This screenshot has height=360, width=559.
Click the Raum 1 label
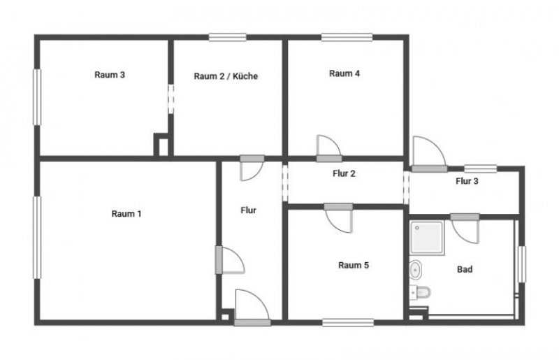click(x=126, y=214)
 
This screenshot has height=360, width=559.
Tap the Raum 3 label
click(x=110, y=75)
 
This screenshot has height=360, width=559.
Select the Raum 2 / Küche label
click(x=226, y=76)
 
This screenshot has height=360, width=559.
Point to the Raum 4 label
click(x=344, y=73)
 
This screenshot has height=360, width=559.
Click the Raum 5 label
click(x=353, y=265)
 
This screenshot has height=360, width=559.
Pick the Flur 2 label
click(x=344, y=173)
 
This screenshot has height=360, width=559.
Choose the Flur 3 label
click(x=467, y=181)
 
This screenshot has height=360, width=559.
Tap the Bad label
click(x=464, y=269)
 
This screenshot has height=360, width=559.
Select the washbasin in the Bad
click(x=416, y=268)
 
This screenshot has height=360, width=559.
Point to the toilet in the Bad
click(x=423, y=291)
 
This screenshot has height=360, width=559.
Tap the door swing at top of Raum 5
click(x=340, y=219)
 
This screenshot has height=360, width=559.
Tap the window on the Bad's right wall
click(x=521, y=265)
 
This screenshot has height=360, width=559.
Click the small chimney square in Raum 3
click(x=161, y=145)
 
